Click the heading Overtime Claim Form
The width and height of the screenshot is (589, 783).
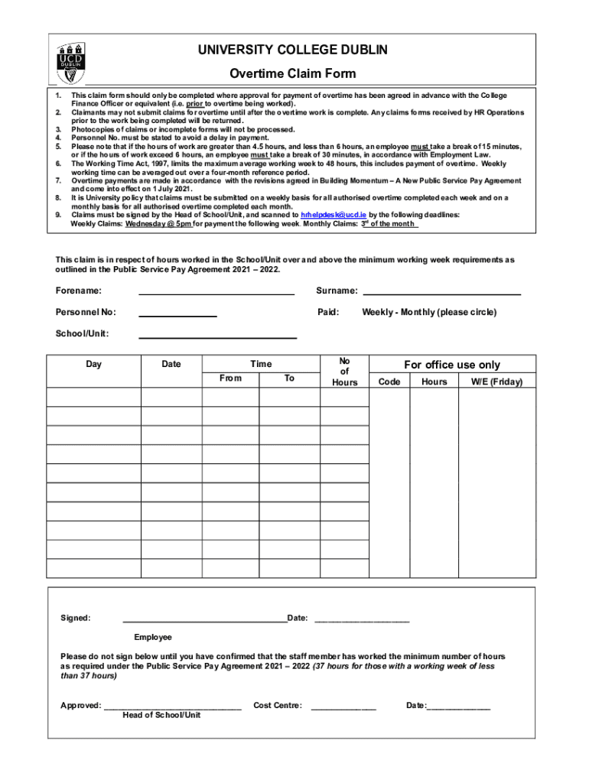(293, 74)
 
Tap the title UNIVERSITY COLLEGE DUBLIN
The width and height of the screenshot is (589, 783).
(293, 50)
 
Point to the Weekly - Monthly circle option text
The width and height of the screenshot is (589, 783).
(429, 312)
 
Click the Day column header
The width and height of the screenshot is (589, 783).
(93, 364)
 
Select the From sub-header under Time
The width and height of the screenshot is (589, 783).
(230, 379)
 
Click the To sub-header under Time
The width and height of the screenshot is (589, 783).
(289, 379)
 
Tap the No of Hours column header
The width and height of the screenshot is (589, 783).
(344, 371)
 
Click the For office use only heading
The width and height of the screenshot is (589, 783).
(452, 365)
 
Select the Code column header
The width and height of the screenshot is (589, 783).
(389, 382)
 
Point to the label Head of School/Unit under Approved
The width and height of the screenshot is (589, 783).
(161, 715)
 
